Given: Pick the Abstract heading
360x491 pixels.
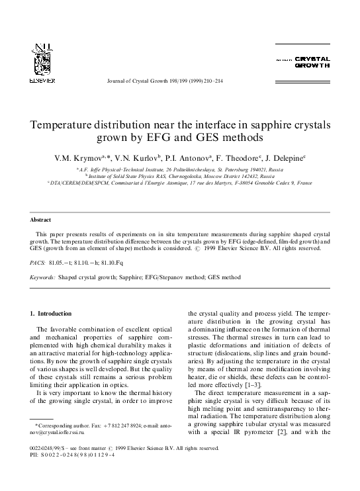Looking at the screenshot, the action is (41, 220).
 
